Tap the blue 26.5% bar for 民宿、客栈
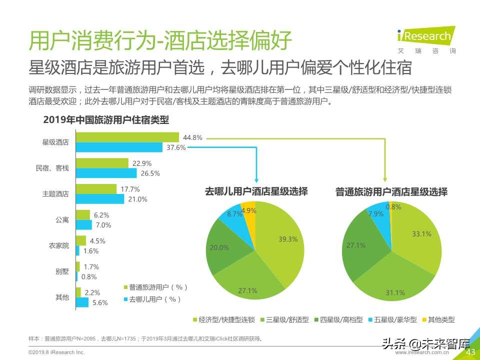(x=106, y=173)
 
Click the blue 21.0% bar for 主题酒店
(x=100, y=199)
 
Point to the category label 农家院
(x=59, y=246)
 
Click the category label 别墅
(x=62, y=271)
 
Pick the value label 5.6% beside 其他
(x=100, y=302)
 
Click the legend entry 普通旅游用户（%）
(x=155, y=287)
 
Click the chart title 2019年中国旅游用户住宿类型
(x=106, y=120)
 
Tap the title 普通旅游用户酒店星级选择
(x=391, y=192)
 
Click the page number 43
(x=470, y=352)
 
